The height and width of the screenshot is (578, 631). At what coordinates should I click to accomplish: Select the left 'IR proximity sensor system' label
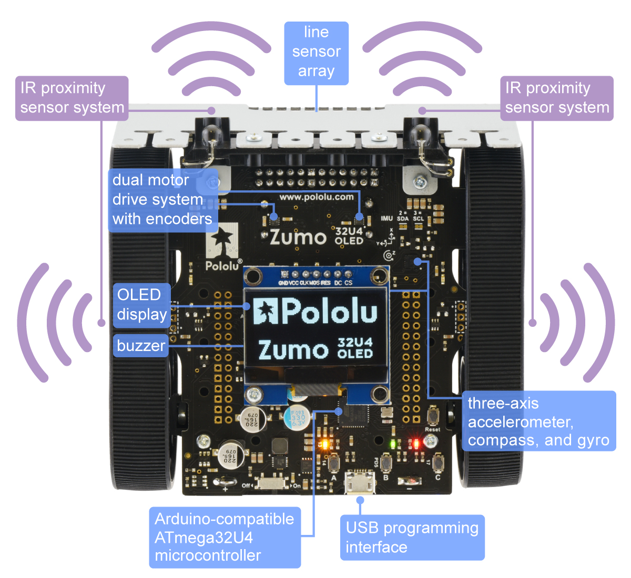72,98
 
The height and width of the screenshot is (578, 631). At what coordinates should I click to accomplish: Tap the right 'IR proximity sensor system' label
557,98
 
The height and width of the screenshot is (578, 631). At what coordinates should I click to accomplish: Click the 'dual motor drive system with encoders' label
162,200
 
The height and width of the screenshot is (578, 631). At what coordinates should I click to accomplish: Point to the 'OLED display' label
141,304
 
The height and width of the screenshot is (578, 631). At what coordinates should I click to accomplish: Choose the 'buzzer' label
141,346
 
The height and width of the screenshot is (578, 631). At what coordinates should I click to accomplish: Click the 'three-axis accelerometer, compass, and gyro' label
538,421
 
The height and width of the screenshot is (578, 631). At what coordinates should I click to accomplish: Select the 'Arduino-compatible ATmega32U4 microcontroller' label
225,537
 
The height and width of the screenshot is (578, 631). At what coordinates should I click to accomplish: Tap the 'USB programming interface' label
412,537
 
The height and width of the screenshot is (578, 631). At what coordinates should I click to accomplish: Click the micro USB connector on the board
360,481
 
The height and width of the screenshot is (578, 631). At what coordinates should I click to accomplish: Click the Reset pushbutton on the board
432,416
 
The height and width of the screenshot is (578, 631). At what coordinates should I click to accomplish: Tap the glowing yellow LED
324,445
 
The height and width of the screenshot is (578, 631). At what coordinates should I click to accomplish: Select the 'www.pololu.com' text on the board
316,197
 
